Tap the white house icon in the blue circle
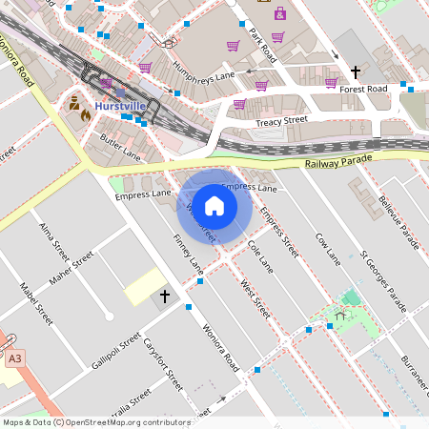pos(214,205)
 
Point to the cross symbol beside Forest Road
pos(356,71)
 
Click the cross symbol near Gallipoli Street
pos(164,297)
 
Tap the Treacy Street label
pos(281,121)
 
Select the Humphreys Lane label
pos(205,71)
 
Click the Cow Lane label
pos(327,247)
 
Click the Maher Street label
pos(72,269)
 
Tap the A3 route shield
pos(14,359)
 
